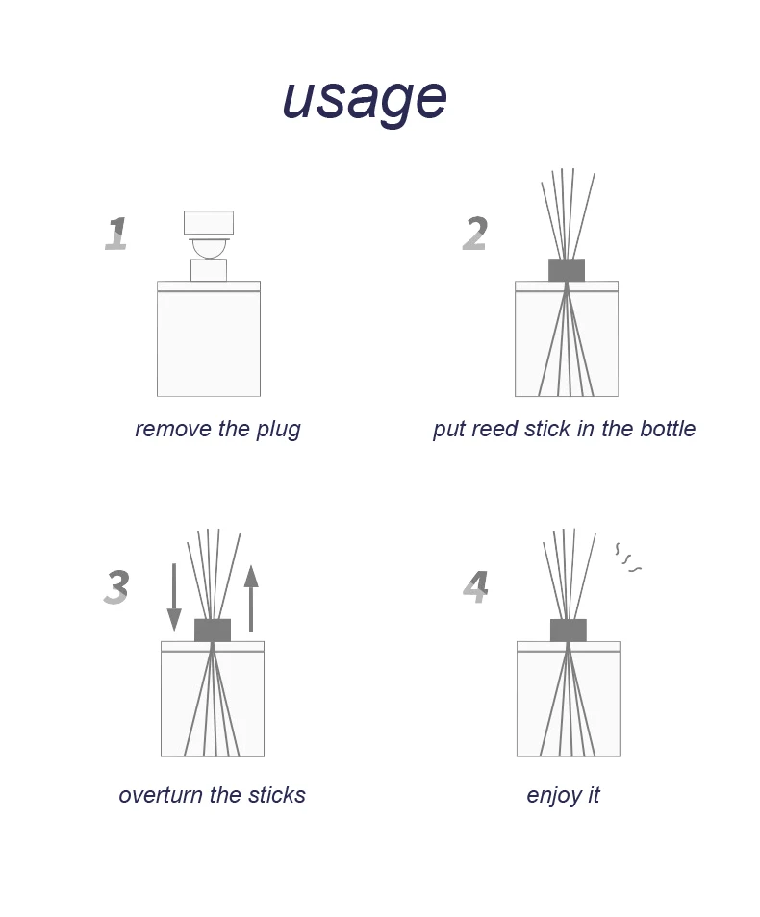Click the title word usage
pyautogui.click(x=365, y=97)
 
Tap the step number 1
pyautogui.click(x=116, y=235)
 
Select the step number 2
pyautogui.click(x=475, y=235)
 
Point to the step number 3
pyautogui.click(x=116, y=587)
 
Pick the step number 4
pyautogui.click(x=476, y=586)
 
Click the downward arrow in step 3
pyautogui.click(x=174, y=597)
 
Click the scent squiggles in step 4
pyautogui.click(x=628, y=558)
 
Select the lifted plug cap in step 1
pyautogui.click(x=209, y=223)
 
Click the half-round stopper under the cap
pyautogui.click(x=209, y=247)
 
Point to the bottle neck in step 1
pyautogui.click(x=209, y=270)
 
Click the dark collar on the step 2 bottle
pyautogui.click(x=567, y=270)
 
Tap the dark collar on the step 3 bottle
pyautogui.click(x=213, y=631)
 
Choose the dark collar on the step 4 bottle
pyautogui.click(x=569, y=631)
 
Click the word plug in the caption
pyautogui.click(x=278, y=429)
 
